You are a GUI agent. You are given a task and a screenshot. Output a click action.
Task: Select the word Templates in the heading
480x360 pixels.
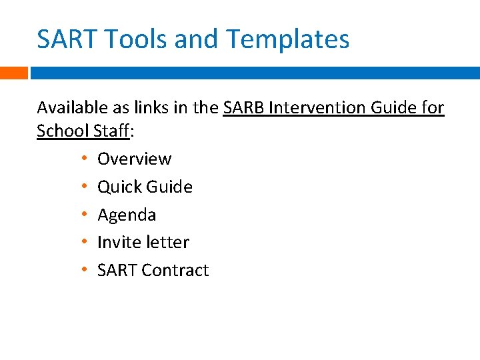pos(287,40)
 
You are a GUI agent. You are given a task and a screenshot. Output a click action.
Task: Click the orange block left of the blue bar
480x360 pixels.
pos(13,73)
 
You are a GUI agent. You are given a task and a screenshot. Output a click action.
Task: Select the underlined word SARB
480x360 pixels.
pos(243,107)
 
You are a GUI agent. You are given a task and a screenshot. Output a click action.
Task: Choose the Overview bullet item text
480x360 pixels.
pos(134,159)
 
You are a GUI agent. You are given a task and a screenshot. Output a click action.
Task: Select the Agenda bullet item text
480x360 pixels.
pos(127,215)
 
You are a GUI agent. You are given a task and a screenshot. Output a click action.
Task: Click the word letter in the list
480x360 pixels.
pos(167,242)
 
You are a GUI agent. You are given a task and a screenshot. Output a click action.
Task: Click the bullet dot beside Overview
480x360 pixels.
pos(85,159)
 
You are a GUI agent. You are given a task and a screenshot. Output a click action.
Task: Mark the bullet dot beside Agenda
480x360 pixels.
pos(85,215)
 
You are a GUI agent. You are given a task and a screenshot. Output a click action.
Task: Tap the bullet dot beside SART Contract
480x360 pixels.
pos(85,270)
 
